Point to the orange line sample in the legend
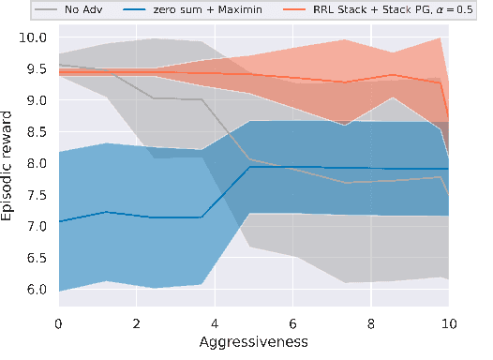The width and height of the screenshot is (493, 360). (x=308, y=9)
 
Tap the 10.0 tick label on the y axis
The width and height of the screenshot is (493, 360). (x=38, y=38)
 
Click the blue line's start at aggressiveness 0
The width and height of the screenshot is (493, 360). (x=59, y=222)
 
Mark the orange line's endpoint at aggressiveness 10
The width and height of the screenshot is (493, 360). (x=449, y=118)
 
